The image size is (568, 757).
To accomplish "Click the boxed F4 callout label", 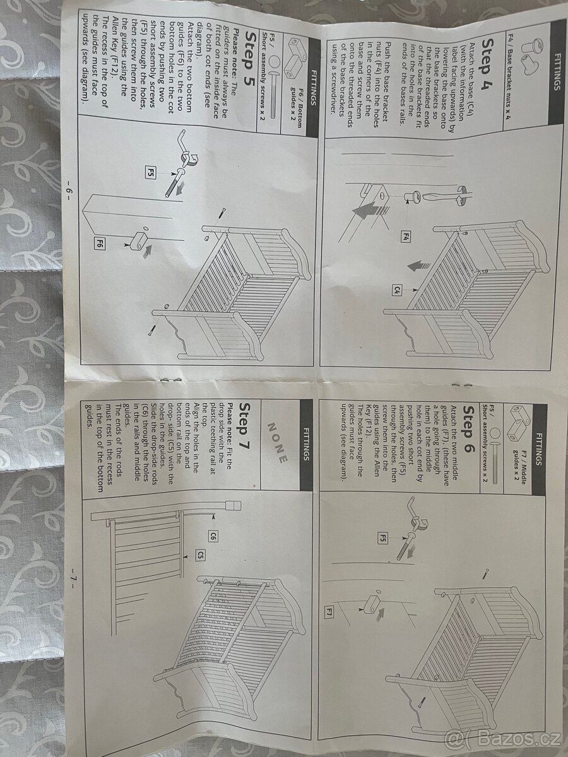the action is [x=406, y=237].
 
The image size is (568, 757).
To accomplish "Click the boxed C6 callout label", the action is [x=213, y=536].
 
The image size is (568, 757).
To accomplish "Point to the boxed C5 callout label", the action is [x=201, y=555].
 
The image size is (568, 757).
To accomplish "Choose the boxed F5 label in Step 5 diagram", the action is [x=150, y=172].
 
